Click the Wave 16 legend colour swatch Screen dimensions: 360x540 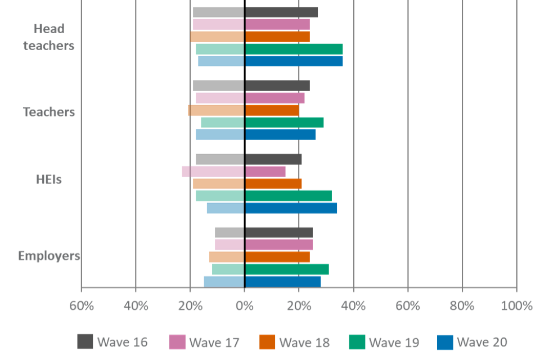point(85,341)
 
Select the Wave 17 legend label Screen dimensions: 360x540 point(214,342)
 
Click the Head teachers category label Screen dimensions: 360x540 point(49,37)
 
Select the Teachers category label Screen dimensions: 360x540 point(49,111)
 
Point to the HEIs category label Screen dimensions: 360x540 point(49,179)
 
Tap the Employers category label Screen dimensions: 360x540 point(49,255)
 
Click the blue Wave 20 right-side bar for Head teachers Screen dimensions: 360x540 point(294,61)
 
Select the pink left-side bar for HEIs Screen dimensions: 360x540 point(213,171)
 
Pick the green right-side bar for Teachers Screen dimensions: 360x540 point(285,122)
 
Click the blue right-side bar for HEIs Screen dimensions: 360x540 point(291,208)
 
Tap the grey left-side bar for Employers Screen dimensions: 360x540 point(229,232)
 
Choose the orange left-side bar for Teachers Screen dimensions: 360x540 point(215,110)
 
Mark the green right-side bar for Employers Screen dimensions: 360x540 point(287,269)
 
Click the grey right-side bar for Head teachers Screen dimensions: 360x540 point(282,12)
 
